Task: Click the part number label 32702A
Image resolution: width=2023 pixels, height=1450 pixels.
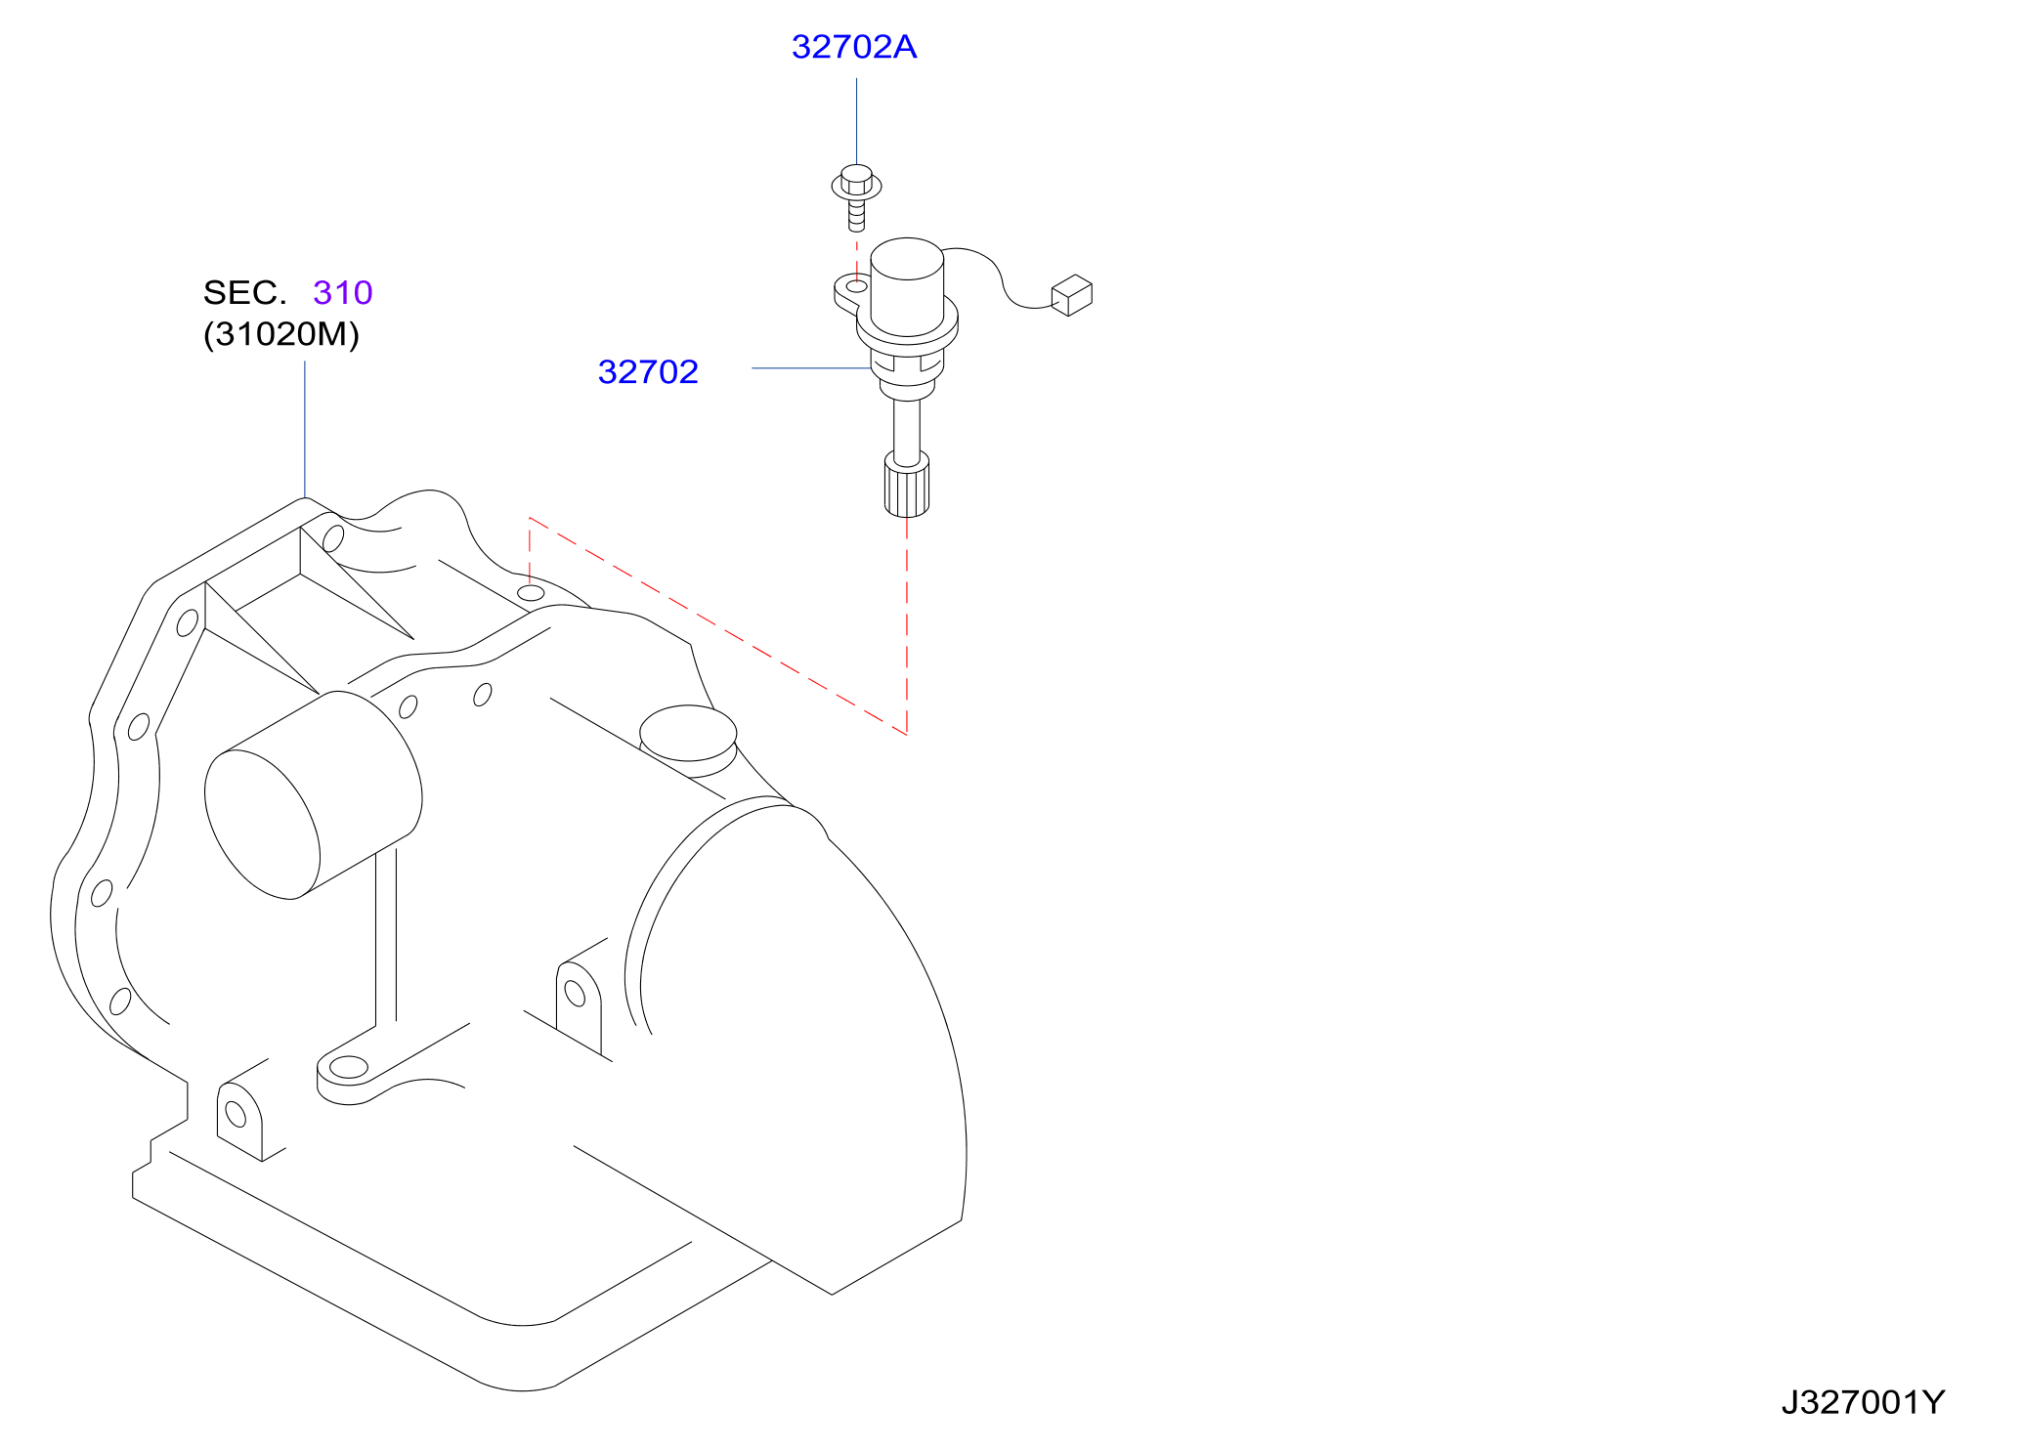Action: click(854, 47)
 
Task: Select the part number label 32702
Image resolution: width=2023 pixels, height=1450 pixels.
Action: click(648, 371)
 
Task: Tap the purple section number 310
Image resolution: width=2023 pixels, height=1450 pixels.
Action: click(343, 292)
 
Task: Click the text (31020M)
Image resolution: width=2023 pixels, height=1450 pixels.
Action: click(281, 334)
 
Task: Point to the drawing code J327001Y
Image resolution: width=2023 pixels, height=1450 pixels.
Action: click(1863, 1402)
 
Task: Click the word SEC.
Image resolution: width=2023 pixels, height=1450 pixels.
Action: click(245, 292)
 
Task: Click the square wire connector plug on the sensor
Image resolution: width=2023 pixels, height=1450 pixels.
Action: click(1072, 295)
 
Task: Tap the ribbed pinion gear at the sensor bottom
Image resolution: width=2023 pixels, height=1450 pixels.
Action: click(907, 484)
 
